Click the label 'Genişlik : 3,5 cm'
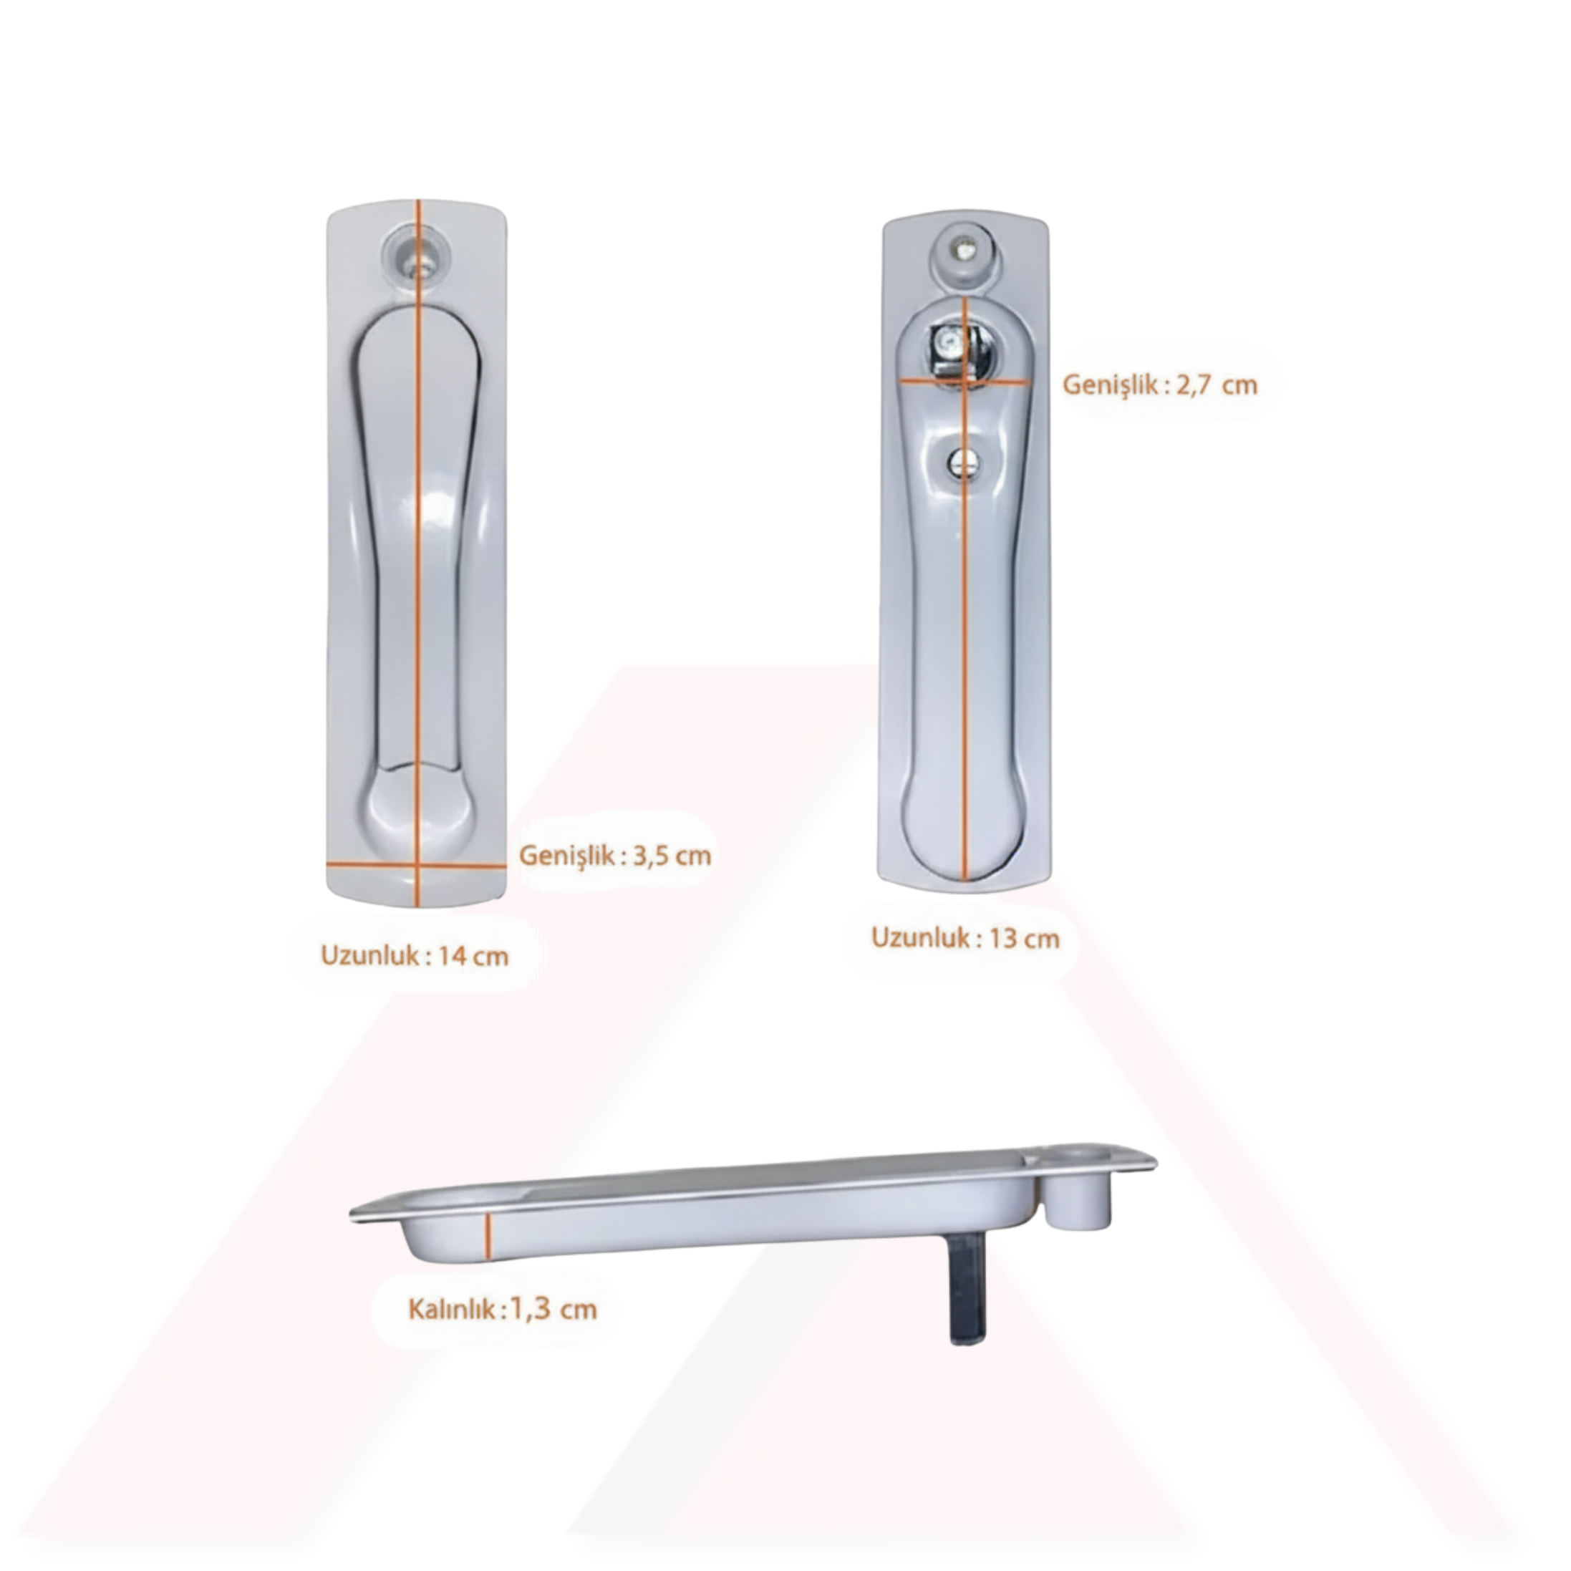(615, 856)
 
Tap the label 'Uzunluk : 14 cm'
(415, 954)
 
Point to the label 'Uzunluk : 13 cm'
(965, 937)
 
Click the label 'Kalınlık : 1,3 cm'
(503, 1309)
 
